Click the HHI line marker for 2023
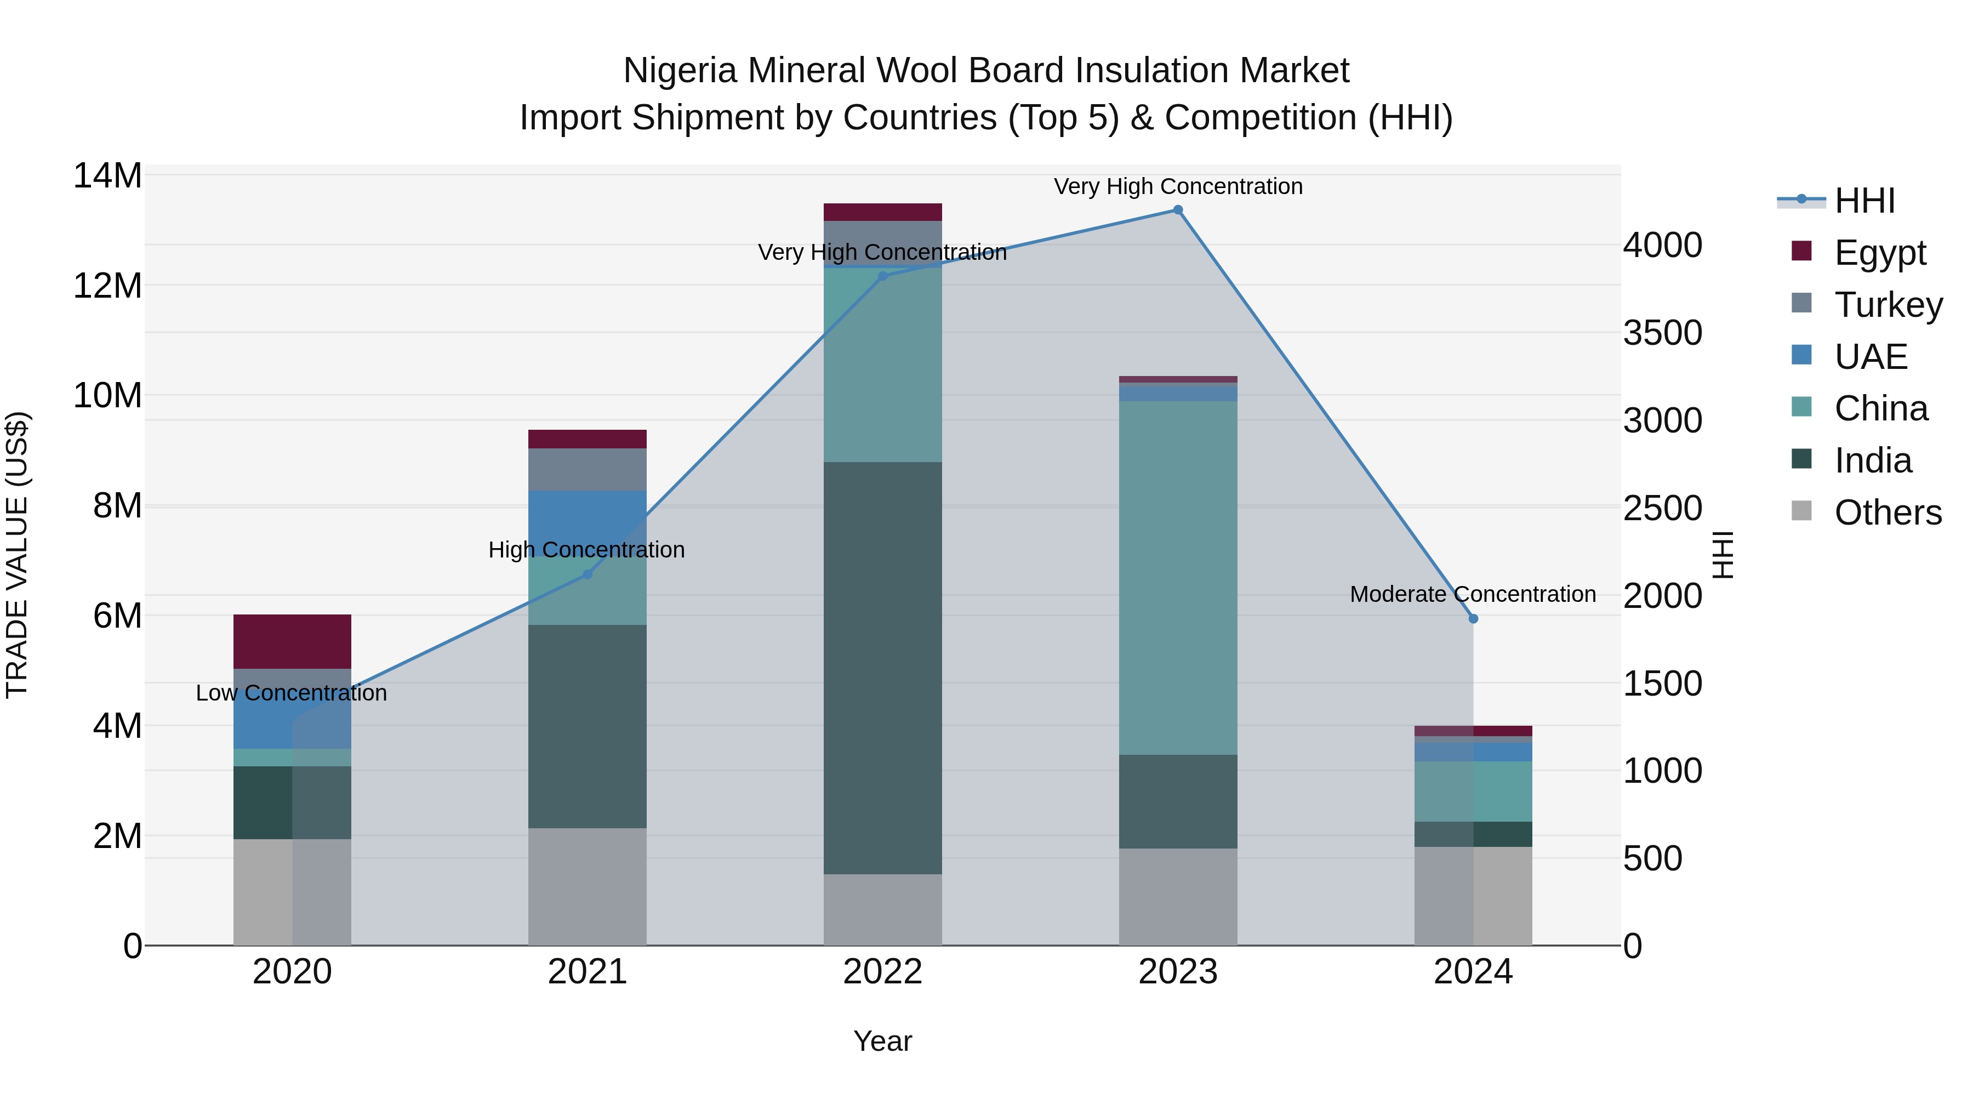[1177, 210]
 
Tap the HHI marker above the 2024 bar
[1473, 618]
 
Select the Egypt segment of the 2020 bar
[292, 641]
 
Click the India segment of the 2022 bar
[882, 667]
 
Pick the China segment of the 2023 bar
[1177, 578]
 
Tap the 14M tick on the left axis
[107, 176]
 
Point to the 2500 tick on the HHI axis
[1662, 509]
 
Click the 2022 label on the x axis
[882, 972]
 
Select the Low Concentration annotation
[291, 692]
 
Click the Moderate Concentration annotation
[1472, 594]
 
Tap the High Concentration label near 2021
[586, 549]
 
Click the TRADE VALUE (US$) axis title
[17, 555]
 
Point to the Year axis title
[882, 1041]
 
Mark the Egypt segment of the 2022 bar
[882, 212]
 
